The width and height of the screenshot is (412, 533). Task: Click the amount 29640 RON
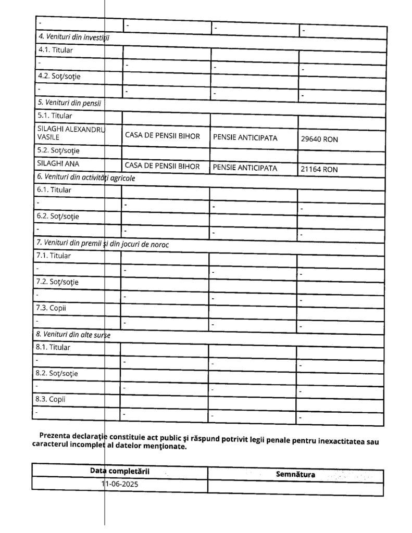click(319, 139)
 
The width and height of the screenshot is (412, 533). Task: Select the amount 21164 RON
click(319, 169)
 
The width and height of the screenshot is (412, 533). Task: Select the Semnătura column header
click(295, 474)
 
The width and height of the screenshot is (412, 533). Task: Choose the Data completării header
click(120, 471)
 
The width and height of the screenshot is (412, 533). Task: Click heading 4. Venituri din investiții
click(74, 37)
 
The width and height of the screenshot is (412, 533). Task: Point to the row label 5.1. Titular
click(55, 115)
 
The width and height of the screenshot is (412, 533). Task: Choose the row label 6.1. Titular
click(54, 190)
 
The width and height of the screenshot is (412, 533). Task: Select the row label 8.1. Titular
click(54, 347)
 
